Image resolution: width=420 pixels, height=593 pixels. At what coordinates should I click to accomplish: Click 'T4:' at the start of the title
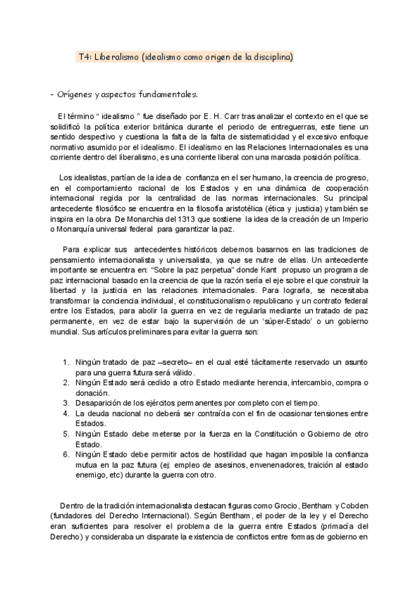(84, 56)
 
